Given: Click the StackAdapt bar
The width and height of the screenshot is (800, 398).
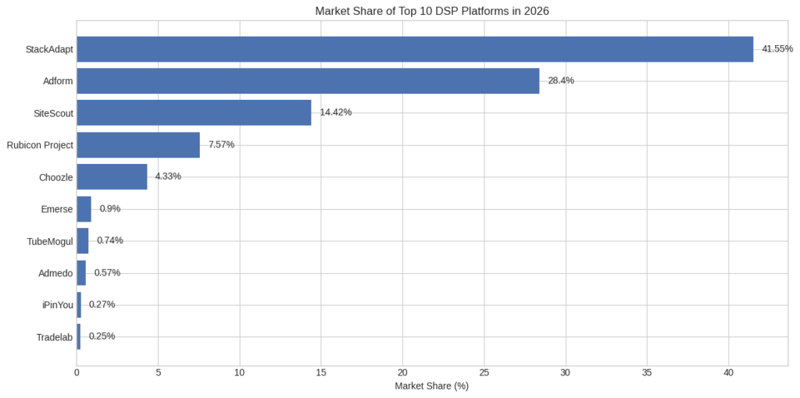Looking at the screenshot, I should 414,49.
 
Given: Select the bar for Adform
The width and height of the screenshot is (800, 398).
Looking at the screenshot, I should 308,81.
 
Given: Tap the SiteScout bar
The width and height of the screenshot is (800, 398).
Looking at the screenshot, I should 194,112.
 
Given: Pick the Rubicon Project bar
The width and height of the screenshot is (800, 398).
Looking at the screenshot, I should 138,145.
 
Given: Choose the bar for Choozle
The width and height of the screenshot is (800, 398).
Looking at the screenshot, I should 112,176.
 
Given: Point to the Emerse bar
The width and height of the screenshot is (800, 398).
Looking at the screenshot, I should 84,209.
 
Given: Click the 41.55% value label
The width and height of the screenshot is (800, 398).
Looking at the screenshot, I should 777,49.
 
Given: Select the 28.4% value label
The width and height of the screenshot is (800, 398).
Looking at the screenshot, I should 561,81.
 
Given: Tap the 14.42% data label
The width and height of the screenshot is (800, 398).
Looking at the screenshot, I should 335,112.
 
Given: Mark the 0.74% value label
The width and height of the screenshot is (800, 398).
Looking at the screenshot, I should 109,240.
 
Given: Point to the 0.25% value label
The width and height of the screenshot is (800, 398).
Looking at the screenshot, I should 102,336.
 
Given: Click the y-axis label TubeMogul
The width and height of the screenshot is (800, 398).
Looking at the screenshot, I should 50,241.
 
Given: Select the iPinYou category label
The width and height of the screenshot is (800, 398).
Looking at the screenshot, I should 57,305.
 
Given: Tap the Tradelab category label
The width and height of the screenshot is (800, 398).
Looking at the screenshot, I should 55,337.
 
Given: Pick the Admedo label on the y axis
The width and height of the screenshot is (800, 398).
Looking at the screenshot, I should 55,273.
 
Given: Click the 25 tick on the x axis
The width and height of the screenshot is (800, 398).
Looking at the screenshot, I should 484,373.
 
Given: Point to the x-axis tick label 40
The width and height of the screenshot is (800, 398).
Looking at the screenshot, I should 728,373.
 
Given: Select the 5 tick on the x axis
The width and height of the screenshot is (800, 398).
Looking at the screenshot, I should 159,373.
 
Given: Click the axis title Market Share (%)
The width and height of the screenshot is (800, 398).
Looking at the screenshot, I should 431,386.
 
